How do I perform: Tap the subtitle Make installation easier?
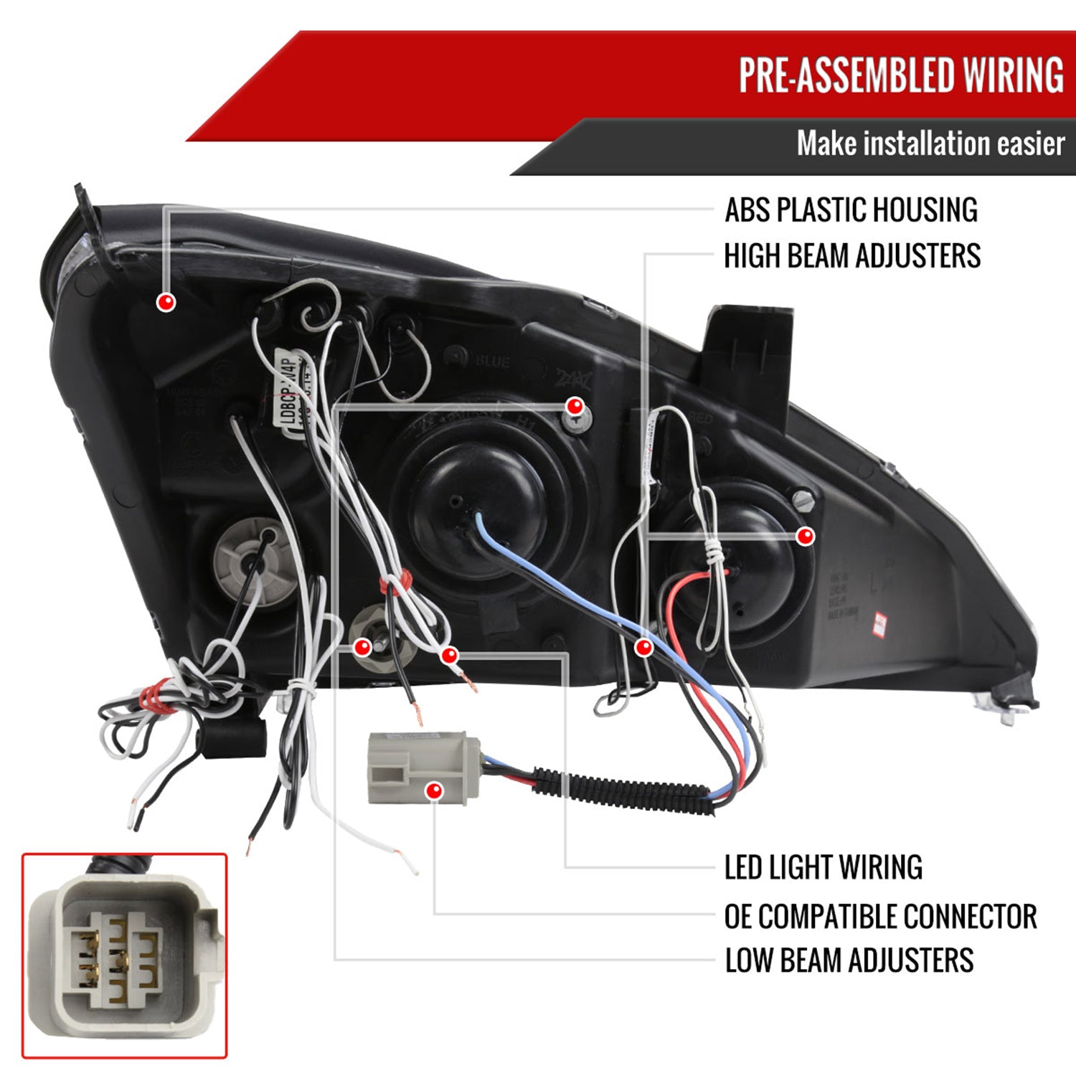pyautogui.click(x=930, y=143)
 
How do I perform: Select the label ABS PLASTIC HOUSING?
pyautogui.click(x=851, y=210)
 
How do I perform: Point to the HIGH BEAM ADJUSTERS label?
pyautogui.click(x=852, y=256)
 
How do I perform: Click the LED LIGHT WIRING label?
pyautogui.click(x=823, y=867)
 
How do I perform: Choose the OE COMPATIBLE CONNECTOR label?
pyautogui.click(x=880, y=916)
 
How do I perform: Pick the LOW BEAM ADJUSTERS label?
pyautogui.click(x=849, y=961)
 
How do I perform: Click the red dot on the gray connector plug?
pyautogui.click(x=433, y=791)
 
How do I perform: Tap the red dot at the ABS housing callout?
pyautogui.click(x=166, y=302)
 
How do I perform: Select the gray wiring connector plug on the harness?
pyautogui.click(x=423, y=768)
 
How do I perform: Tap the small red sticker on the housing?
pyautogui.click(x=879, y=623)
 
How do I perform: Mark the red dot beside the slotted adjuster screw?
pyautogui.click(x=806, y=536)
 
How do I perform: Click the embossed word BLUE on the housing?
pyautogui.click(x=492, y=361)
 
